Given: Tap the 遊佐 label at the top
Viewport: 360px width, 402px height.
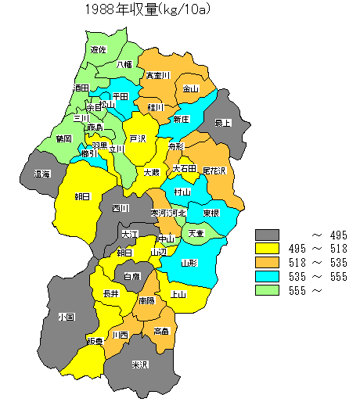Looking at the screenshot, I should click(99, 49).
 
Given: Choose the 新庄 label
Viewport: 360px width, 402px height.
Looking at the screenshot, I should click(181, 119).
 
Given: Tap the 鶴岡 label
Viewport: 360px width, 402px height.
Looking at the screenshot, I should click(64, 138).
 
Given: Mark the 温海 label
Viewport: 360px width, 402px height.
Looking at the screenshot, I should click(42, 174).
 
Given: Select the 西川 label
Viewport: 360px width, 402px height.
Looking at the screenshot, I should click(120, 208).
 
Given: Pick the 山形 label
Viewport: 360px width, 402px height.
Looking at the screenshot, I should click(189, 264).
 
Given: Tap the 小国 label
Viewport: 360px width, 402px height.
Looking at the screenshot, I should click(66, 317).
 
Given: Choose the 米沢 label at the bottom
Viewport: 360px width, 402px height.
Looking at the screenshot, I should click(140, 364).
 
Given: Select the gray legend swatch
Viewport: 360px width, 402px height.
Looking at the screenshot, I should click(268, 235).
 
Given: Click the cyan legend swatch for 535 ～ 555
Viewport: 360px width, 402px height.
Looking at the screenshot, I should click(268, 277).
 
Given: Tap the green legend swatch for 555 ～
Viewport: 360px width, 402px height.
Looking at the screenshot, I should click(268, 291).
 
